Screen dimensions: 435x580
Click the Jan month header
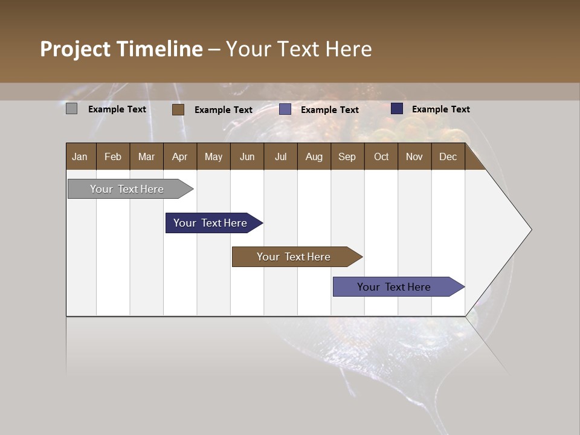pyautogui.click(x=80, y=157)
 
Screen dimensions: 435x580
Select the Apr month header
pyautogui.click(x=180, y=157)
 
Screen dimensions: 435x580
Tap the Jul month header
pyautogui.click(x=281, y=157)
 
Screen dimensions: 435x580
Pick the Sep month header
pyautogui.click(x=347, y=157)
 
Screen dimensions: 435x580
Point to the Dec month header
pyautogui.click(x=448, y=157)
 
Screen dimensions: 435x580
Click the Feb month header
pyautogui.click(x=113, y=157)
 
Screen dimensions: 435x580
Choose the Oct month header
pyautogui.click(x=381, y=157)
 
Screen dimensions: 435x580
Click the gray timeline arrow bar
pyautogui.click(x=127, y=189)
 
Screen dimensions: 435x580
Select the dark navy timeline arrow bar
pyautogui.click(x=210, y=223)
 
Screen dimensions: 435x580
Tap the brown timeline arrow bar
pyautogui.click(x=294, y=257)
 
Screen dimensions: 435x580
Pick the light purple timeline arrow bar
pyautogui.click(x=394, y=287)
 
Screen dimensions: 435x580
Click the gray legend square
pyautogui.click(x=72, y=109)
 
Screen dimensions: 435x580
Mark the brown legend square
pyautogui.click(x=178, y=109)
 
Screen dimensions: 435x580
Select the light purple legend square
pyautogui.click(x=285, y=109)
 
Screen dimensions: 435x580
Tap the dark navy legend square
pyautogui.click(x=397, y=109)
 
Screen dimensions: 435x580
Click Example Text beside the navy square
pyautogui.click(x=440, y=109)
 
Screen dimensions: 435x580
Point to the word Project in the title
pyautogui.click(x=75, y=50)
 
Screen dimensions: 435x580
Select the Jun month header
pyautogui.click(x=247, y=157)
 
